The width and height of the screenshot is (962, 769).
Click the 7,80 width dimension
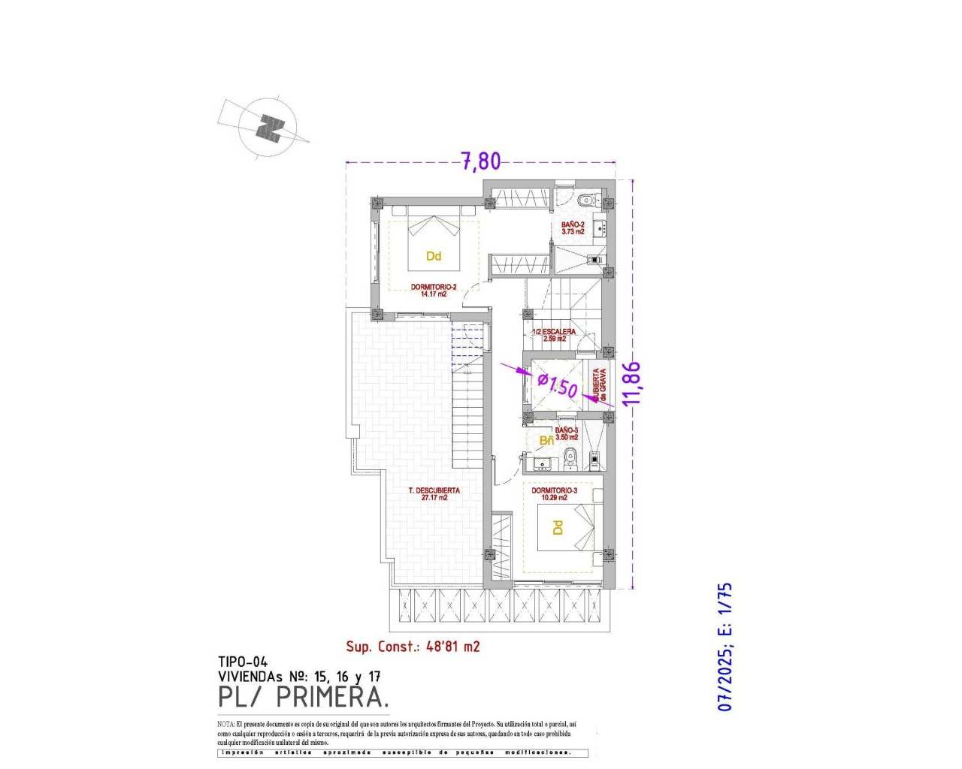[479, 161]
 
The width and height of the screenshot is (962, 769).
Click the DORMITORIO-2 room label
[434, 290]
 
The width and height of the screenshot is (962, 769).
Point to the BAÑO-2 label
[573, 228]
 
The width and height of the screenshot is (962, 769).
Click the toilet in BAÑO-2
[586, 201]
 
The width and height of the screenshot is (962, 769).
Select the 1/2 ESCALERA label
[555, 335]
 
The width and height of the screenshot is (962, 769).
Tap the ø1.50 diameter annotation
[558, 386]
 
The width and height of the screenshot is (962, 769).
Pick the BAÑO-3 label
[566, 433]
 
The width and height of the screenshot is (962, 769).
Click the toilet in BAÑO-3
[570, 455]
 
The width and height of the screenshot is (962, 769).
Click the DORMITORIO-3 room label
[554, 494]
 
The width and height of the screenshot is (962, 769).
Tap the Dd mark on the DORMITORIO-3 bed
[558, 528]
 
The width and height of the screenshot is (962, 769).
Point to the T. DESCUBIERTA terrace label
[434, 493]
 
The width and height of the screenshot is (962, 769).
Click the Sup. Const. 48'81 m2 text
[413, 646]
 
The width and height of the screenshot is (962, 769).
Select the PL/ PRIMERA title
[304, 697]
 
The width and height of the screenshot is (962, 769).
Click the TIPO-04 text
[243, 662]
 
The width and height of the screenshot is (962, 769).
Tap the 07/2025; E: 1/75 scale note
[724, 647]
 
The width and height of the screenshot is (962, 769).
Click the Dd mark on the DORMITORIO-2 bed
[434, 256]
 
